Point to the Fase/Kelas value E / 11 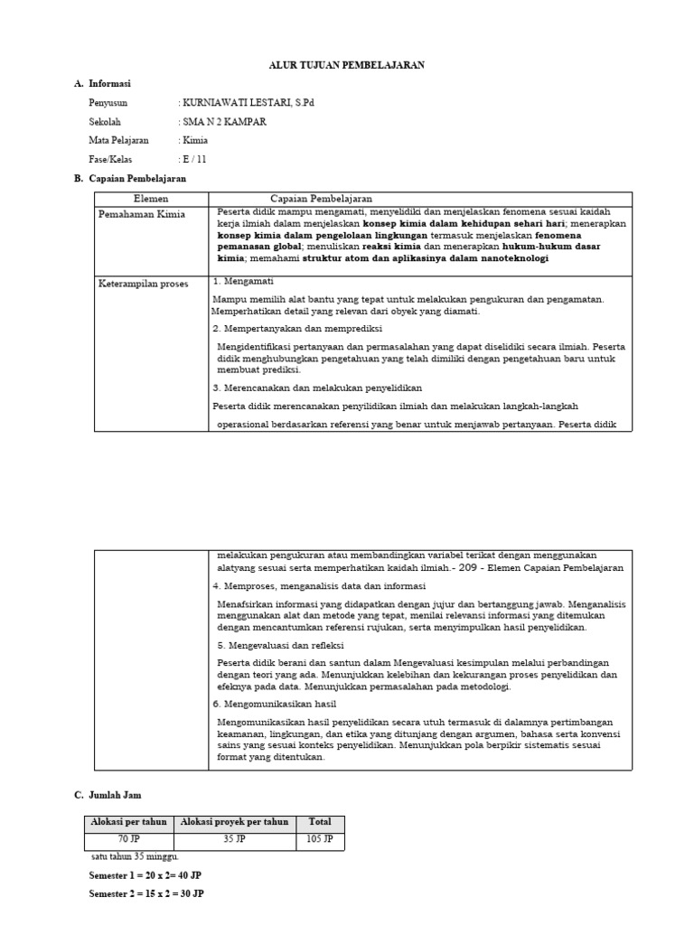[193, 160]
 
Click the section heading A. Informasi [102, 84]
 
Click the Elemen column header [151, 199]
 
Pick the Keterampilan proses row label [143, 284]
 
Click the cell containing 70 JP [128, 838]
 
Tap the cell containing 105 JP [320, 838]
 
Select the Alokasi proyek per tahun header [235, 822]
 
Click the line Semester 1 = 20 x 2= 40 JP [146, 876]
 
